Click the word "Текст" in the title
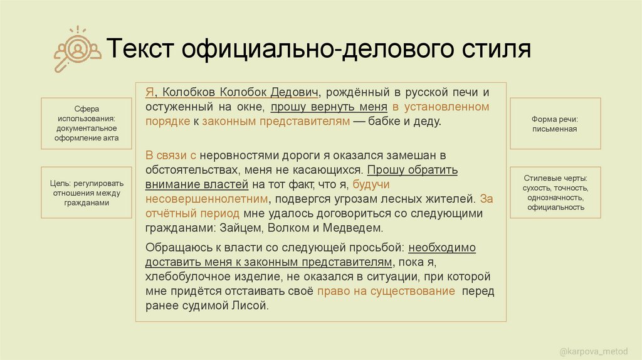click(x=139, y=50)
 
